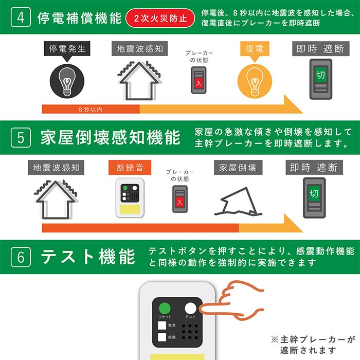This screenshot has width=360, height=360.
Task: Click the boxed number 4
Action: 21,18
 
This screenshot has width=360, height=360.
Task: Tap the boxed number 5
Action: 21,138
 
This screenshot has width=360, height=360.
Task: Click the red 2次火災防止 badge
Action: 160,19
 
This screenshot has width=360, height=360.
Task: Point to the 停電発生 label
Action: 67,49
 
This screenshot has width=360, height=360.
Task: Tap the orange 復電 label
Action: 255,49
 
